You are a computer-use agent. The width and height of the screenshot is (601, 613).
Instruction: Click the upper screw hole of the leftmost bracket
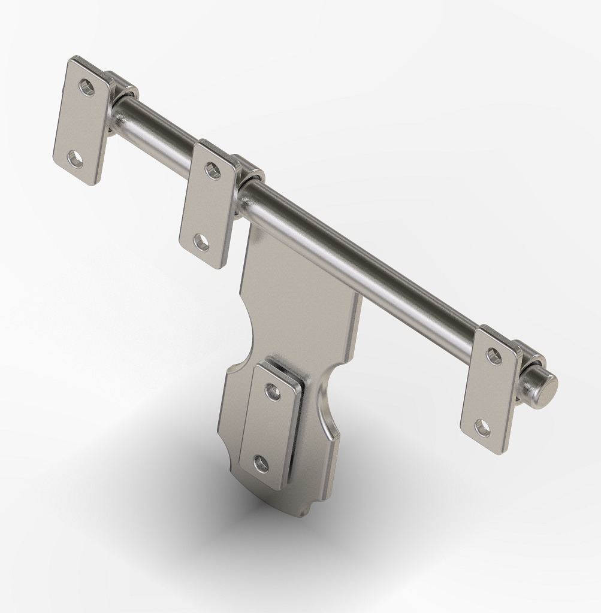pyautogui.click(x=87, y=88)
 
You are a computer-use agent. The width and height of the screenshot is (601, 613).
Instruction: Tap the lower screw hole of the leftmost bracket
pyautogui.click(x=75, y=159)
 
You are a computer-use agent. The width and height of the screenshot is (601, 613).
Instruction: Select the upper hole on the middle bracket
pyautogui.click(x=213, y=170)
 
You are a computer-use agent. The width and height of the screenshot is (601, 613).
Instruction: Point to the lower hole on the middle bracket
pyautogui.click(x=201, y=242)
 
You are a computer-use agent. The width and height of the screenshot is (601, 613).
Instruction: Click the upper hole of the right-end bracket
pyautogui.click(x=494, y=356)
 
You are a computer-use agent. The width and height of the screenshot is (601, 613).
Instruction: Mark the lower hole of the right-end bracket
pyautogui.click(x=482, y=427)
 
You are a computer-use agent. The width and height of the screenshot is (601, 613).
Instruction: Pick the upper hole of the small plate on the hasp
pyautogui.click(x=273, y=393)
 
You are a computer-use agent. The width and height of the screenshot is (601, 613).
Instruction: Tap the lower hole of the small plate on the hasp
pyautogui.click(x=261, y=463)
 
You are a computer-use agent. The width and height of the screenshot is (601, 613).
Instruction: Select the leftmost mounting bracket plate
pyautogui.click(x=81, y=123)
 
